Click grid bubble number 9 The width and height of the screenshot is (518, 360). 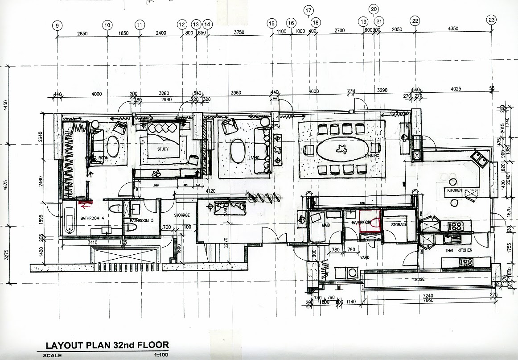(58, 25)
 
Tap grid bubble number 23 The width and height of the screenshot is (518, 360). (491, 20)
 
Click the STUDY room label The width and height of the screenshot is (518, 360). (163, 149)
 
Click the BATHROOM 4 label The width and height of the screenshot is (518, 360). (92, 218)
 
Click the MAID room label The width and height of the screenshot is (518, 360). (326, 226)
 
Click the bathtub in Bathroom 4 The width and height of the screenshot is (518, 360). (69, 220)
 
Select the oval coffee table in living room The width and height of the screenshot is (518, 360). (238, 152)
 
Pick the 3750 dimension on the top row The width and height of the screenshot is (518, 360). (239, 32)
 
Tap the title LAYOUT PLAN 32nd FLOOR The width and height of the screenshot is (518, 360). (107, 345)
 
